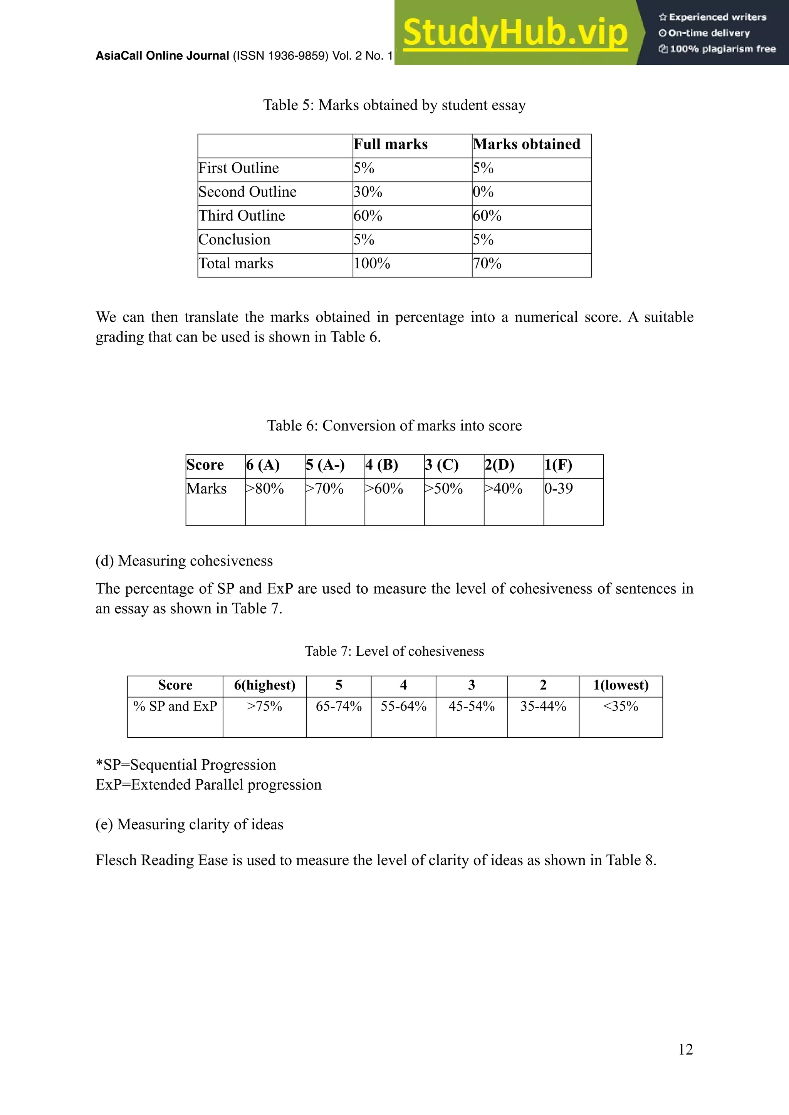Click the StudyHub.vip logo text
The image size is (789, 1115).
515,33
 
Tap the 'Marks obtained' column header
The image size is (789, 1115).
527,144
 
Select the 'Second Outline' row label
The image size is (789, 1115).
247,192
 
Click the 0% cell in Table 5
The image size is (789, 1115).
483,192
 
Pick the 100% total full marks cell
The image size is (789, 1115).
372,264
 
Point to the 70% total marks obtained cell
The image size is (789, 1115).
487,264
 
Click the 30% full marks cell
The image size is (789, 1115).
368,192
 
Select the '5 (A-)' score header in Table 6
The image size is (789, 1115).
325,465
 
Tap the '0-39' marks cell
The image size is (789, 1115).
559,489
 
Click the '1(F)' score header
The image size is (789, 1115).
558,465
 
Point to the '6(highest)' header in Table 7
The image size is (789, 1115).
265,685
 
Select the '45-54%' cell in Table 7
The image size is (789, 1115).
471,707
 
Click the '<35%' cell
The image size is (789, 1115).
620,707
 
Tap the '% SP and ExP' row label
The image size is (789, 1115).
175,707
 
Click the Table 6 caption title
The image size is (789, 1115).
394,426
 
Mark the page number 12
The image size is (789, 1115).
685,1050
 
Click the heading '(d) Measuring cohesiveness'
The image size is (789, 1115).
184,561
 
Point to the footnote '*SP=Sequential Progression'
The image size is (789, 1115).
186,765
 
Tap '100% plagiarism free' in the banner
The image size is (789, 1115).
722,49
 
